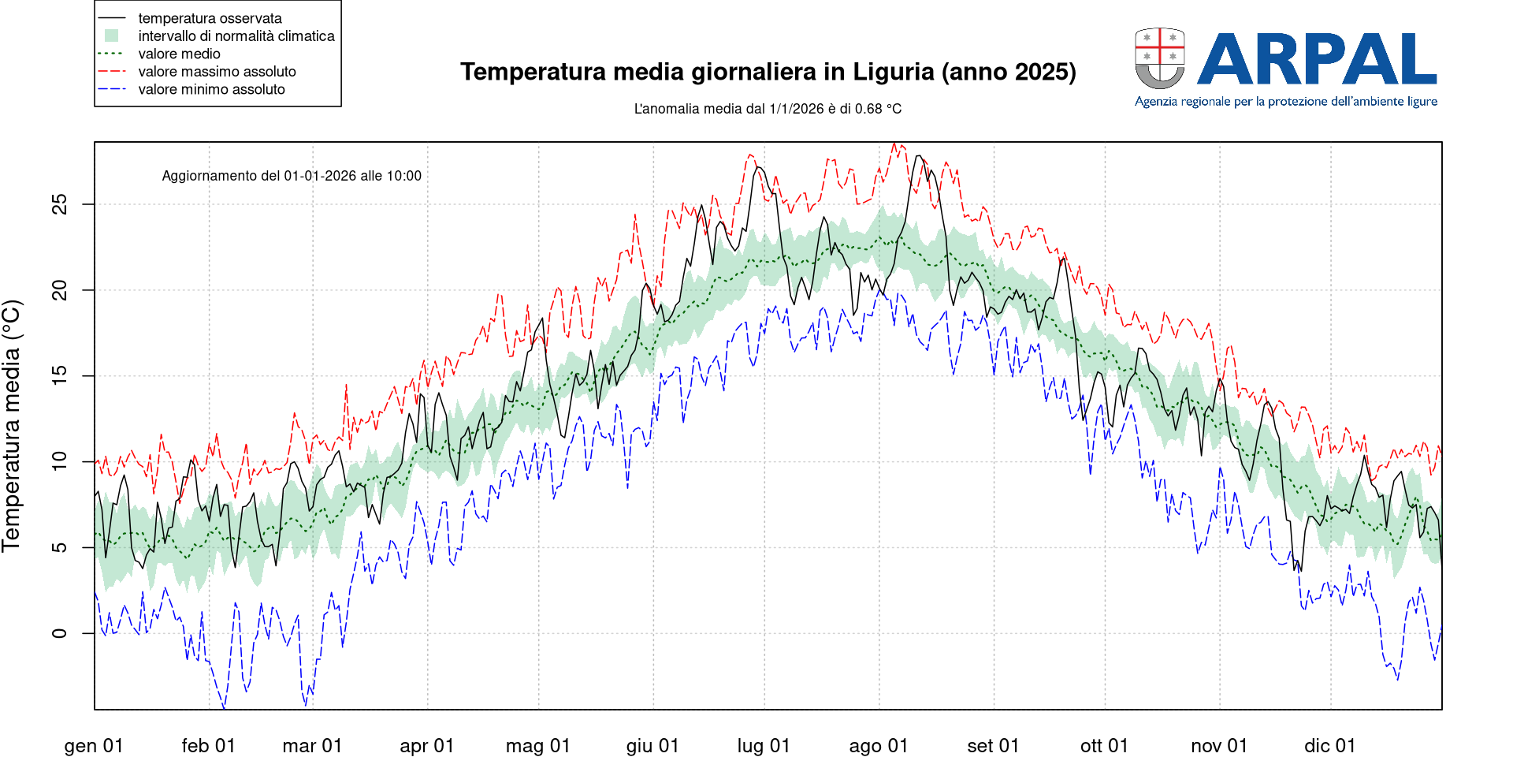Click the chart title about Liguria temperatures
tap(768, 72)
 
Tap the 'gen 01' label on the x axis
tap(94, 746)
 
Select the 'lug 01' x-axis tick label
tap(764, 746)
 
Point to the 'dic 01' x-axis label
tap(1330, 746)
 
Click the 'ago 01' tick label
tap(879, 746)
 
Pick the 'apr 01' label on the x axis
tap(427, 746)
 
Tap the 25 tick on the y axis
tap(60, 205)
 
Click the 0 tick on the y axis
tap(60, 633)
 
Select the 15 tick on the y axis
tap(60, 376)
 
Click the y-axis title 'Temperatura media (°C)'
tap(12, 426)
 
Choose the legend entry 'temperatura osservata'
tap(210, 18)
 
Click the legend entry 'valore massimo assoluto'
tap(217, 72)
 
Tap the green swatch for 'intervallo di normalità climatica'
tap(112, 36)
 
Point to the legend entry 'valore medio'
tap(179, 54)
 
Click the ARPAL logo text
tap(1317, 59)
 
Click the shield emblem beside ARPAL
tap(1159, 58)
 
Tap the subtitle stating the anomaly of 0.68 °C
tap(768, 109)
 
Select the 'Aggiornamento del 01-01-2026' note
tap(292, 176)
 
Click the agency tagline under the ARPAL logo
tap(1286, 102)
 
